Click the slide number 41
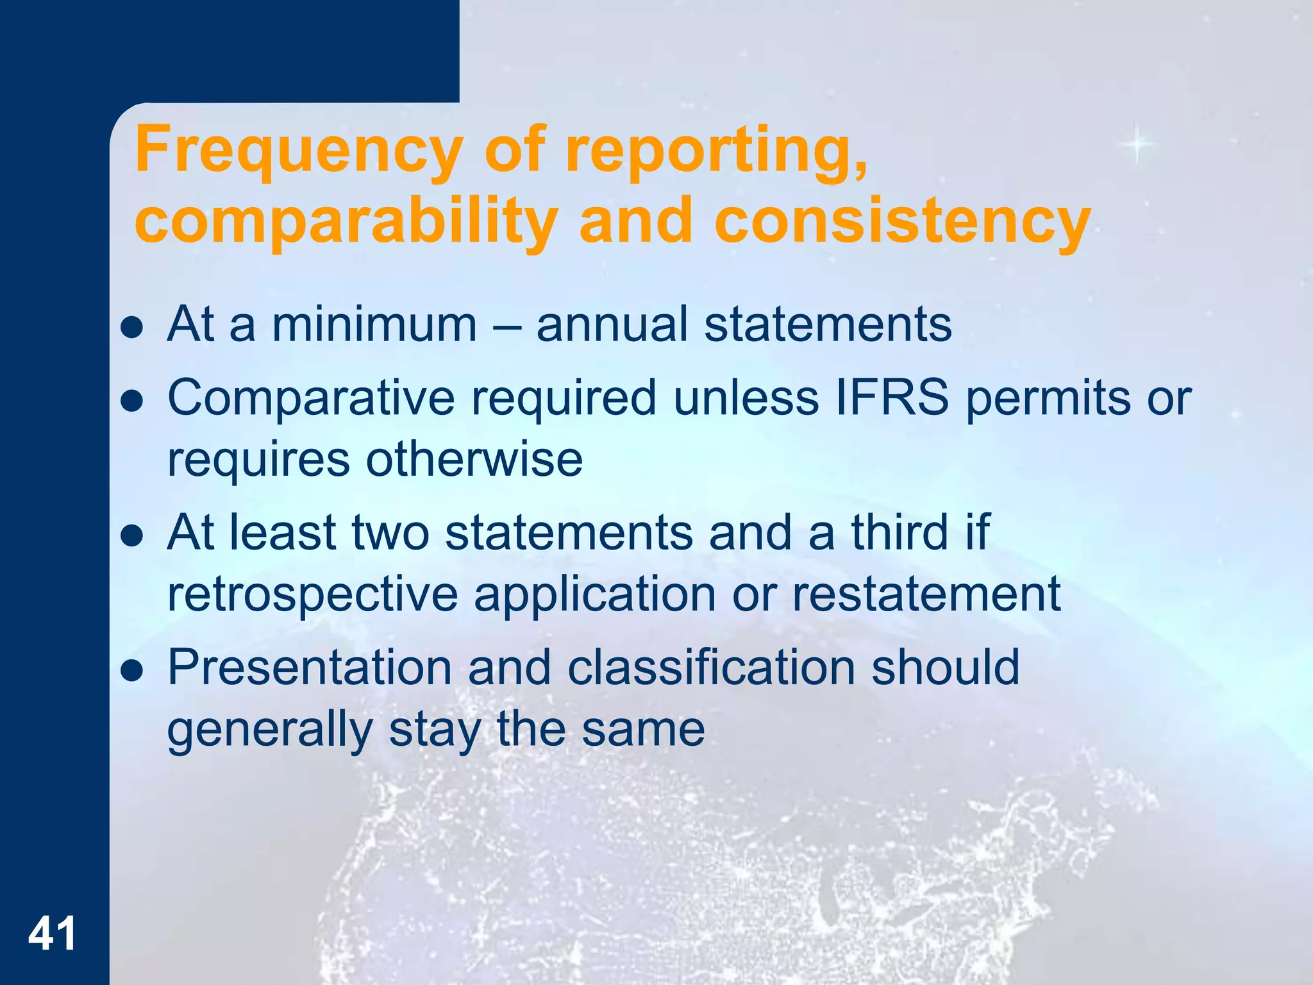tap(52, 934)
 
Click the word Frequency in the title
tap(299, 150)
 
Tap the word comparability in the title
tap(346, 221)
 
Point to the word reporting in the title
tap(715, 150)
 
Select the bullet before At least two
tap(131, 536)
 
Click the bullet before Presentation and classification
tap(131, 671)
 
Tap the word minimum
tap(374, 324)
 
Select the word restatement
tap(926, 594)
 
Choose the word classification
tap(711, 667)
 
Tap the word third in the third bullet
tap(899, 532)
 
